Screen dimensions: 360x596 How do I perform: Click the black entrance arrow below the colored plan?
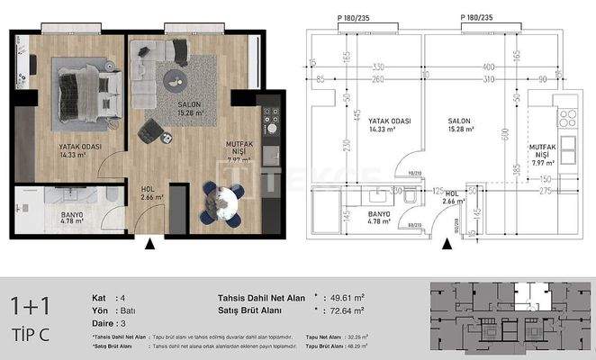[151, 242]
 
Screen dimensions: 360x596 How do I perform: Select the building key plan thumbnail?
[510, 319]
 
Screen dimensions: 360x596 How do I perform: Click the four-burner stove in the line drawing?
[567, 117]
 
